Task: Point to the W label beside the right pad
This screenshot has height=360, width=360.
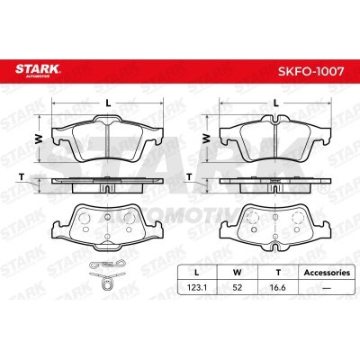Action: pos(207,138)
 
